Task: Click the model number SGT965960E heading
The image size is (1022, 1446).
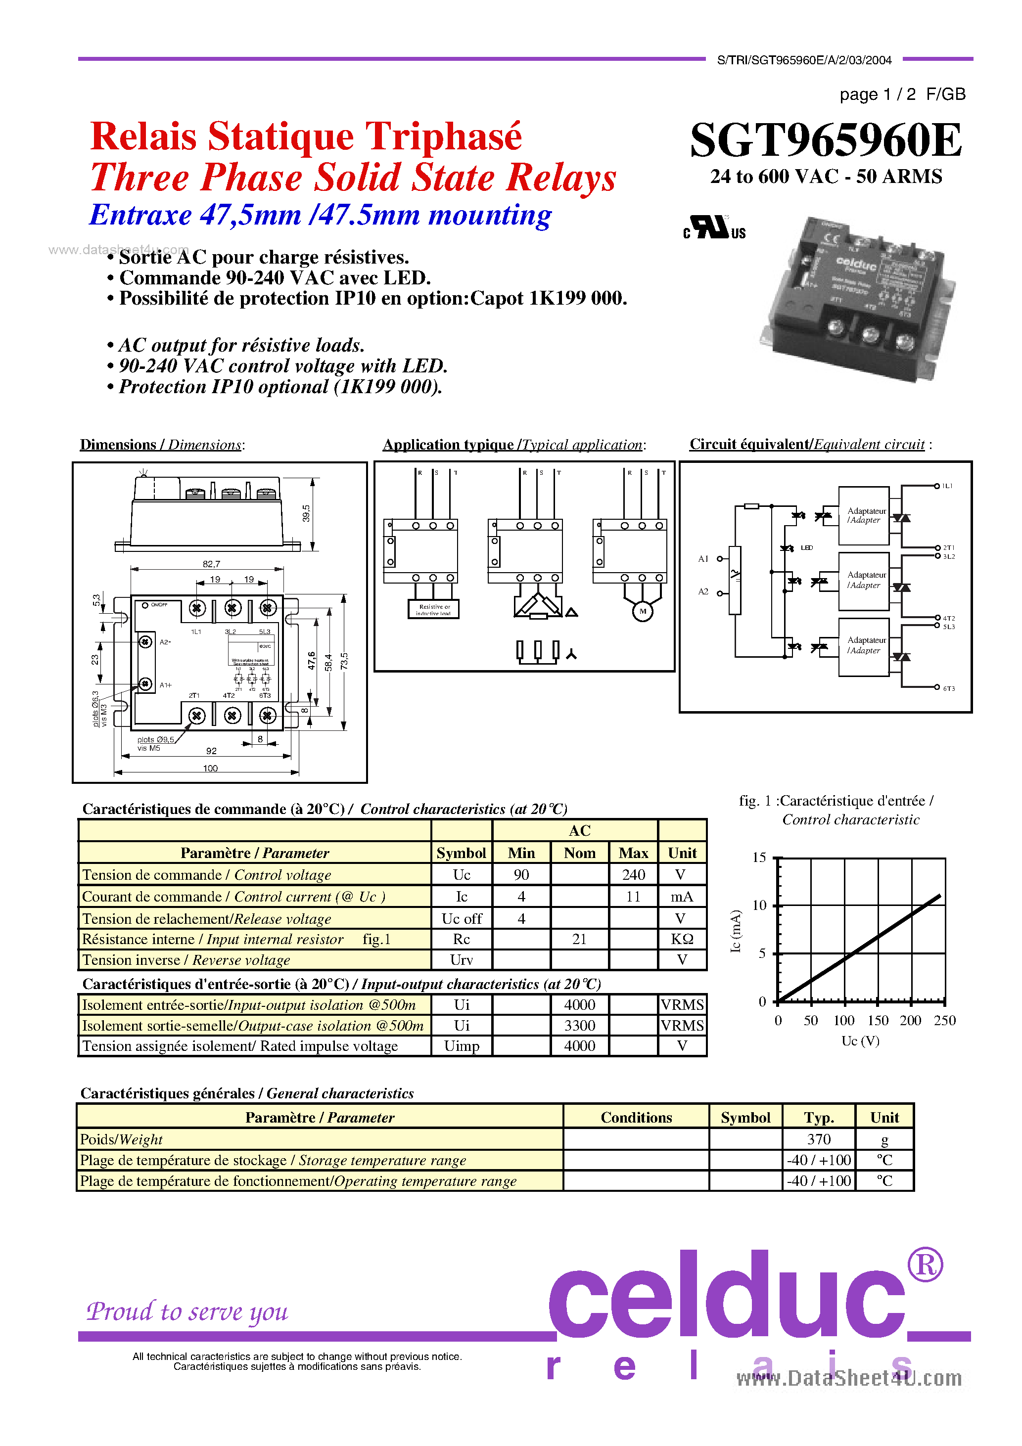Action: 826,140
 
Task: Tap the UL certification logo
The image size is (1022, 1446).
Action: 714,227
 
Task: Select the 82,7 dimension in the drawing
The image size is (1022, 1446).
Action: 211,564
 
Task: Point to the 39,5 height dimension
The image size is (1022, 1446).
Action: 306,513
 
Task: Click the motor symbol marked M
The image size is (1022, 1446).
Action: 642,611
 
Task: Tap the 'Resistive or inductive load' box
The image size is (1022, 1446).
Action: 433,609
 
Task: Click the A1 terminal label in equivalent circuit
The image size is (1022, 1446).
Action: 703,559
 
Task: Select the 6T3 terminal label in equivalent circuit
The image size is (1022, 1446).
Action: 948,688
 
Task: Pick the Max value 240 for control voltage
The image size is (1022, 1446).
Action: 633,875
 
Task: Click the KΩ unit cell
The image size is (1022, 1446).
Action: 682,939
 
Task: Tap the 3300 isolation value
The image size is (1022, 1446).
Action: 579,1025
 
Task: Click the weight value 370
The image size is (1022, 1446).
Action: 819,1139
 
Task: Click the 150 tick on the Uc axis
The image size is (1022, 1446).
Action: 877,1020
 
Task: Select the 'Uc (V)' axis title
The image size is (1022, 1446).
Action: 860,1041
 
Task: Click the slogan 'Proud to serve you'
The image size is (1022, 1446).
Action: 187,1311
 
